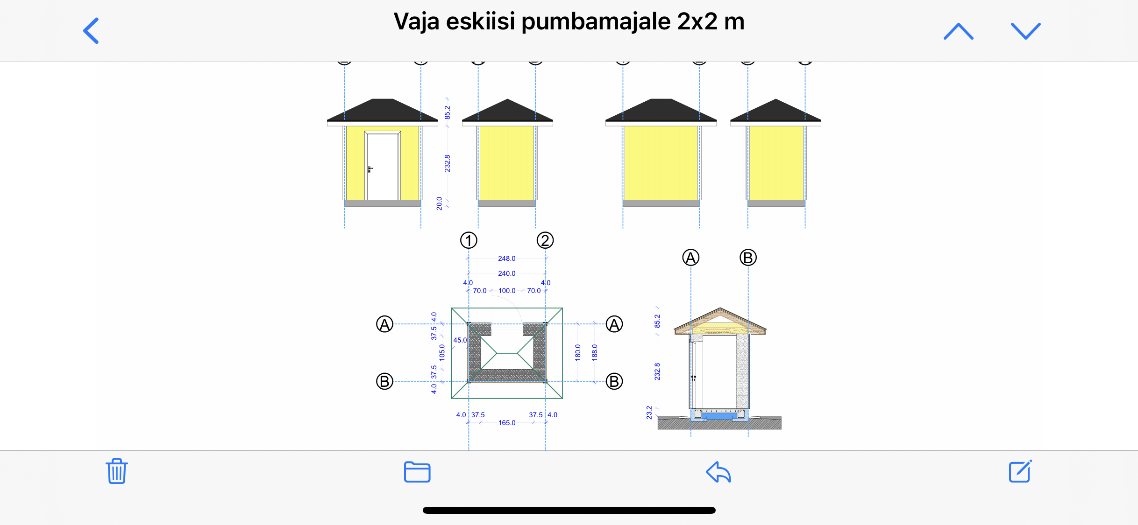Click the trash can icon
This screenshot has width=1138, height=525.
click(116, 471)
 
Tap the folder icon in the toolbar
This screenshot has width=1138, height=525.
click(417, 471)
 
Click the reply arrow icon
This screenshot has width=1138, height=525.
click(718, 472)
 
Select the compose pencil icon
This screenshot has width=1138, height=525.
click(1020, 471)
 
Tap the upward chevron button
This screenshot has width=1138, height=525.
click(959, 31)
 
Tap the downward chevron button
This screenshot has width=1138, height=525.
click(1026, 31)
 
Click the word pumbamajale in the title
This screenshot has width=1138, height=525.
click(596, 22)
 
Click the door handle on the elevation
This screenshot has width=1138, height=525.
click(370, 169)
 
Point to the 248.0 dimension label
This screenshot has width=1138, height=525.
click(507, 259)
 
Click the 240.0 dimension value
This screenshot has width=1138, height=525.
click(507, 273)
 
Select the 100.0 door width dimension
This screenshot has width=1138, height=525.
click(507, 291)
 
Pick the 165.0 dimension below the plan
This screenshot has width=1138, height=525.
click(507, 423)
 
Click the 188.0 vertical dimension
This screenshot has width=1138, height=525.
click(595, 352)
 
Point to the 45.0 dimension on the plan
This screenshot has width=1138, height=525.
click(460, 340)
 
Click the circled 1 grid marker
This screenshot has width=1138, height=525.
click(469, 240)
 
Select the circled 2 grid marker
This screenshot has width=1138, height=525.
click(545, 240)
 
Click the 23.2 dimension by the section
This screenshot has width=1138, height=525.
click(649, 413)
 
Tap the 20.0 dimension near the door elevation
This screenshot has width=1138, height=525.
click(440, 203)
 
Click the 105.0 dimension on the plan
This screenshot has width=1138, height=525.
click(442, 353)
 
